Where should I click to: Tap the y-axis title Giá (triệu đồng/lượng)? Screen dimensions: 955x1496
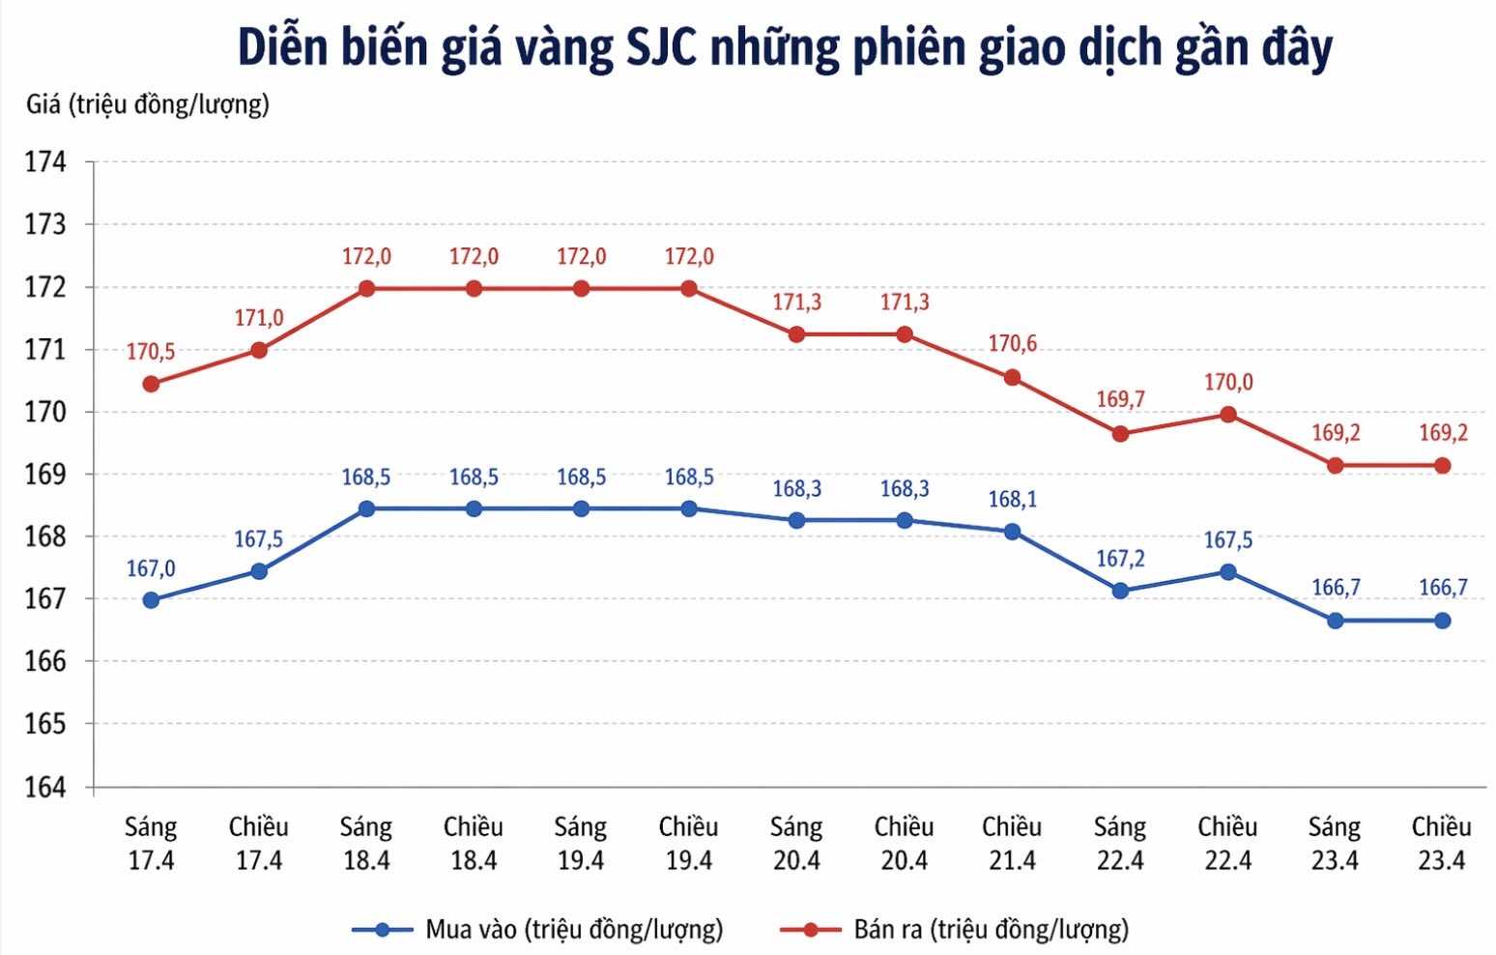(x=148, y=104)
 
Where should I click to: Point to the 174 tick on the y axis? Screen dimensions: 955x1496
(x=45, y=162)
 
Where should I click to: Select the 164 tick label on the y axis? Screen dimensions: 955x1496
(x=45, y=787)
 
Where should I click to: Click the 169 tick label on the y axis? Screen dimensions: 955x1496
(x=45, y=475)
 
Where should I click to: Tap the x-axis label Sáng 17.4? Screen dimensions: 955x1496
(x=151, y=843)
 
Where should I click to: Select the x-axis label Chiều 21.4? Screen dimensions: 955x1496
(x=1012, y=843)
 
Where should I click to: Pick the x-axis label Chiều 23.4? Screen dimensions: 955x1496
(x=1441, y=843)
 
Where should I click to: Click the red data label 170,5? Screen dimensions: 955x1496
(x=151, y=352)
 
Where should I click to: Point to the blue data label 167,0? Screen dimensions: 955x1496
(x=151, y=568)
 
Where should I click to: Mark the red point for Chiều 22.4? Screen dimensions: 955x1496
(x=1227, y=415)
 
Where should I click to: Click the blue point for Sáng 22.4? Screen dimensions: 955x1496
(x=1120, y=591)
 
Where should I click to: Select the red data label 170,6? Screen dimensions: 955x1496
(x=1012, y=344)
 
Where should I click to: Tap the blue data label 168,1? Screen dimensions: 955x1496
(x=1012, y=500)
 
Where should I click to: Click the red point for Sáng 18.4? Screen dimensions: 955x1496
(x=366, y=288)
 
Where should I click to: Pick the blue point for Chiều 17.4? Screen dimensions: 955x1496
(x=259, y=571)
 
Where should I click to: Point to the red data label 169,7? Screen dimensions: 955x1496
(x=1120, y=399)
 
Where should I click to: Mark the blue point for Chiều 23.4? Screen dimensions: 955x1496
(x=1442, y=621)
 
